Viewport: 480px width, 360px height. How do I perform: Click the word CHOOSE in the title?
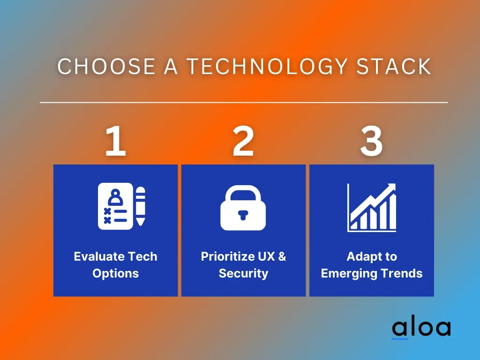point(106,66)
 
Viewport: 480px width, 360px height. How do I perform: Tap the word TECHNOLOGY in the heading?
point(267,66)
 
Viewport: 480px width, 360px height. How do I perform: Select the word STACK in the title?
point(394,66)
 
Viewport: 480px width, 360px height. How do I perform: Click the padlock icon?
point(243,208)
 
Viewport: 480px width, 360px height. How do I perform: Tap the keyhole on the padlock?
point(243,215)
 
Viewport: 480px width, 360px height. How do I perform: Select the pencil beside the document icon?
point(141,206)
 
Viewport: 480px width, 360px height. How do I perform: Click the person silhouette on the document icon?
point(115,198)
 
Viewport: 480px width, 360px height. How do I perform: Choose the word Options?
point(115,273)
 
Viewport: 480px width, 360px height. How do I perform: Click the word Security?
point(243,273)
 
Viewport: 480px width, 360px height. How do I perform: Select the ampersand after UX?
point(282,256)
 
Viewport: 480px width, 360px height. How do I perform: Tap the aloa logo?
point(421,329)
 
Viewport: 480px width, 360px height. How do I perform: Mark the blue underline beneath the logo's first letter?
point(400,338)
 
